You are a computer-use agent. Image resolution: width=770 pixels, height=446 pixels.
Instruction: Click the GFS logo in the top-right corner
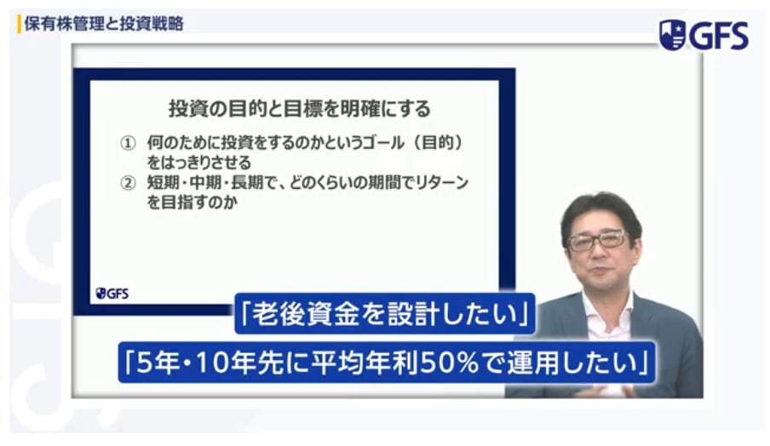click(x=704, y=35)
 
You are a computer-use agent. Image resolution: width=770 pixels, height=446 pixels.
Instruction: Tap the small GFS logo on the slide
click(x=112, y=294)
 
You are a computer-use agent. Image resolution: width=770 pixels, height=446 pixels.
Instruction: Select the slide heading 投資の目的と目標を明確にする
click(x=298, y=110)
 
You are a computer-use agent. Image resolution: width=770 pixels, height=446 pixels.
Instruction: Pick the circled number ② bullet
click(x=128, y=182)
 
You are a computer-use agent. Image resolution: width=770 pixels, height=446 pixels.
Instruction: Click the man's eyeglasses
click(x=598, y=240)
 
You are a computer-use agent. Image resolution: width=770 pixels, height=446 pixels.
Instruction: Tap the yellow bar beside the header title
click(x=19, y=24)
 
